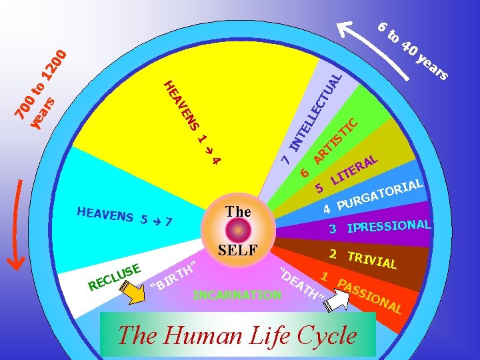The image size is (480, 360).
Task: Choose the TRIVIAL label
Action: (x=371, y=259)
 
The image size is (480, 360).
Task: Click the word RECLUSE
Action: (x=113, y=277)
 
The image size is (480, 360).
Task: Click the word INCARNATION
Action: (x=236, y=294)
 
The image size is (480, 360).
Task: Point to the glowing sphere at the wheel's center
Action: (x=238, y=231)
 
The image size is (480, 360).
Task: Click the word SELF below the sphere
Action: (x=238, y=252)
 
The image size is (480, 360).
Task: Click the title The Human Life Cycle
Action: (x=237, y=335)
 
